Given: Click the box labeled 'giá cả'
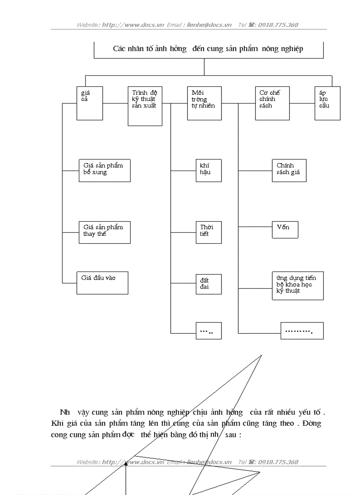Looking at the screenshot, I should tap(90, 103).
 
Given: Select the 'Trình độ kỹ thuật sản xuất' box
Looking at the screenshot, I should tap(144, 106).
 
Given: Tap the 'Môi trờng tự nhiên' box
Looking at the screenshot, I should tap(204, 103).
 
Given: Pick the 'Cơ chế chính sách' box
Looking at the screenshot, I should tap(272, 103).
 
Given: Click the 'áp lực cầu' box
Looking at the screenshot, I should tap(327, 103).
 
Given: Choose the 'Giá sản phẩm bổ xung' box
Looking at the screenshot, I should tap(105, 170).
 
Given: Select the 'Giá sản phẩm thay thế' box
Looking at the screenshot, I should tap(105, 232).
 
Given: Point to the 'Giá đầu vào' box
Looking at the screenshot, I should tap(102, 283).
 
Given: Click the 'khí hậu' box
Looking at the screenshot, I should tap(209, 170).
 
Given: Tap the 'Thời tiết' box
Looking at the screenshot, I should tap(209, 232).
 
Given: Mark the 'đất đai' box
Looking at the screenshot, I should tap(209, 284).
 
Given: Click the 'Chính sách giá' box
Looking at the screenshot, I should tap(289, 170).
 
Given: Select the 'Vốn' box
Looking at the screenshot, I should tap(285, 230).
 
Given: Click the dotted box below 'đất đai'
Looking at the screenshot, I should tap(209, 331).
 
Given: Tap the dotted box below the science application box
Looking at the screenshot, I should tap(302, 331).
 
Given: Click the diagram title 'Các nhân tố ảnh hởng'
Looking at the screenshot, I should tap(208, 48).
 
